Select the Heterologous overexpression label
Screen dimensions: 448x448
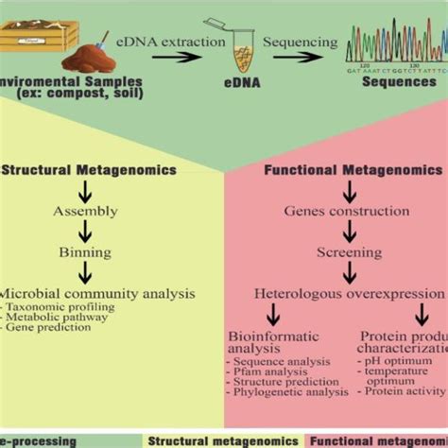349,294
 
